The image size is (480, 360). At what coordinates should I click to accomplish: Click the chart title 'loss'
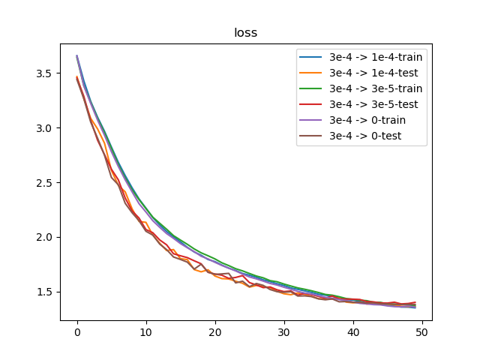[246, 33]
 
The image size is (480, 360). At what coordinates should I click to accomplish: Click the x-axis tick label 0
[77, 331]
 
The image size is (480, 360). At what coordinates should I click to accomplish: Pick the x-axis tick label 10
[146, 331]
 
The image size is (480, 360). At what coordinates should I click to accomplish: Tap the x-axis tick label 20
[215, 331]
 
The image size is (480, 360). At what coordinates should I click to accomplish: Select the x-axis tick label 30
[284, 331]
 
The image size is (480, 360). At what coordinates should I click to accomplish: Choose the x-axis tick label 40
[353, 331]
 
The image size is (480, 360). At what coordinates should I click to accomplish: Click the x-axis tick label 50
[422, 331]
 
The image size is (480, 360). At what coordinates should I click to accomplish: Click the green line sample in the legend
[313, 88]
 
